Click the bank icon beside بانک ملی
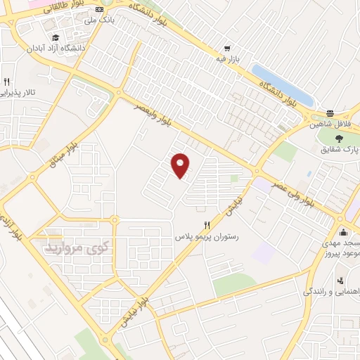click(99, 9)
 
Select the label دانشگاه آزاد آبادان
click(75, 49)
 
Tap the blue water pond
click(281, 84)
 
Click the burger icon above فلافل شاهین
click(330, 114)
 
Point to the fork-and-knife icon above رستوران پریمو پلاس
click(206, 226)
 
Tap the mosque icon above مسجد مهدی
click(343, 233)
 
